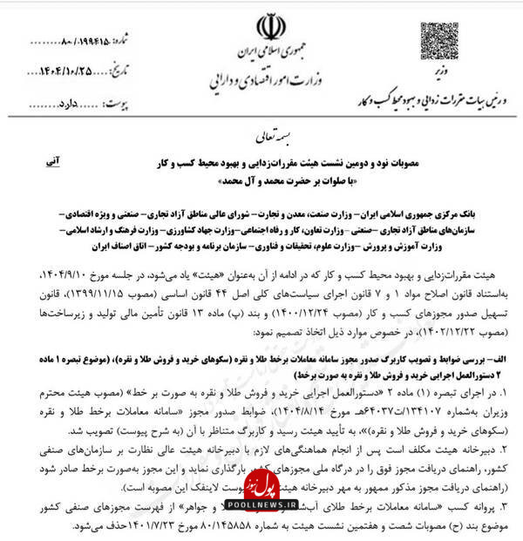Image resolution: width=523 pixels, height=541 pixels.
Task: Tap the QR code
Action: point(438,38)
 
